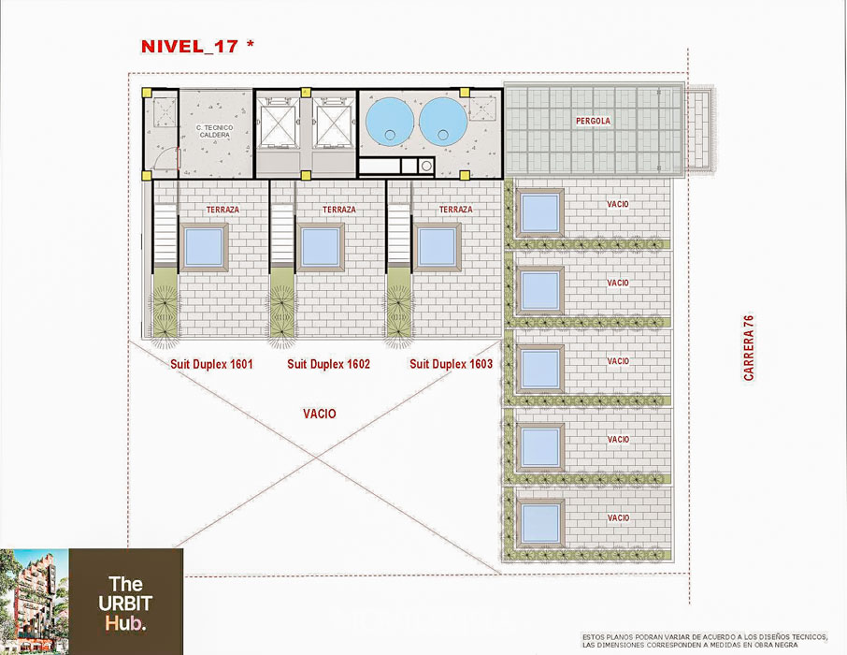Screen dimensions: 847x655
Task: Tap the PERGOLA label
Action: pos(593,121)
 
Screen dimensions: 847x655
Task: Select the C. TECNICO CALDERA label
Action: pos(214,131)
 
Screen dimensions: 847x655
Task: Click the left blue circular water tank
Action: pos(390,121)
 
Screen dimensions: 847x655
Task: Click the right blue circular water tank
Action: pos(443,121)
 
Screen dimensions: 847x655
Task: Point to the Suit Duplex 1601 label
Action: pos(211,364)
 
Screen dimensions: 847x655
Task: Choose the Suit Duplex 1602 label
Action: pos(328,364)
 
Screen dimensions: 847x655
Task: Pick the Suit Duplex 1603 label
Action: pos(451,364)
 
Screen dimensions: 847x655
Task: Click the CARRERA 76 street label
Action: pos(749,348)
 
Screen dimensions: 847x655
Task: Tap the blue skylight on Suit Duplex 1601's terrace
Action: pos(204,247)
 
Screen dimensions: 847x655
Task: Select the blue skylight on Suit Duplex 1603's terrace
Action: pos(437,247)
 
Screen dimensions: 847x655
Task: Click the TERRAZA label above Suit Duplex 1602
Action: pos(339,210)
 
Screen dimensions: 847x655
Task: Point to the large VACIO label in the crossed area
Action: pos(319,414)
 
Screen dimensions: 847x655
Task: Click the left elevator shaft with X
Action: pos(279,125)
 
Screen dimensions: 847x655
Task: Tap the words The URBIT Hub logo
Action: pos(125,604)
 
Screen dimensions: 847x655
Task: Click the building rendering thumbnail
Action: pos(35,602)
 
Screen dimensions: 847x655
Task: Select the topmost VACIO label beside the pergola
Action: pos(618,204)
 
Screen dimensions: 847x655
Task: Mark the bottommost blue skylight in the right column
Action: pos(540,524)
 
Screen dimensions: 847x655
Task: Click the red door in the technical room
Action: pos(179,159)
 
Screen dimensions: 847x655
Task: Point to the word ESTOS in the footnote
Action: pos(593,637)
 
